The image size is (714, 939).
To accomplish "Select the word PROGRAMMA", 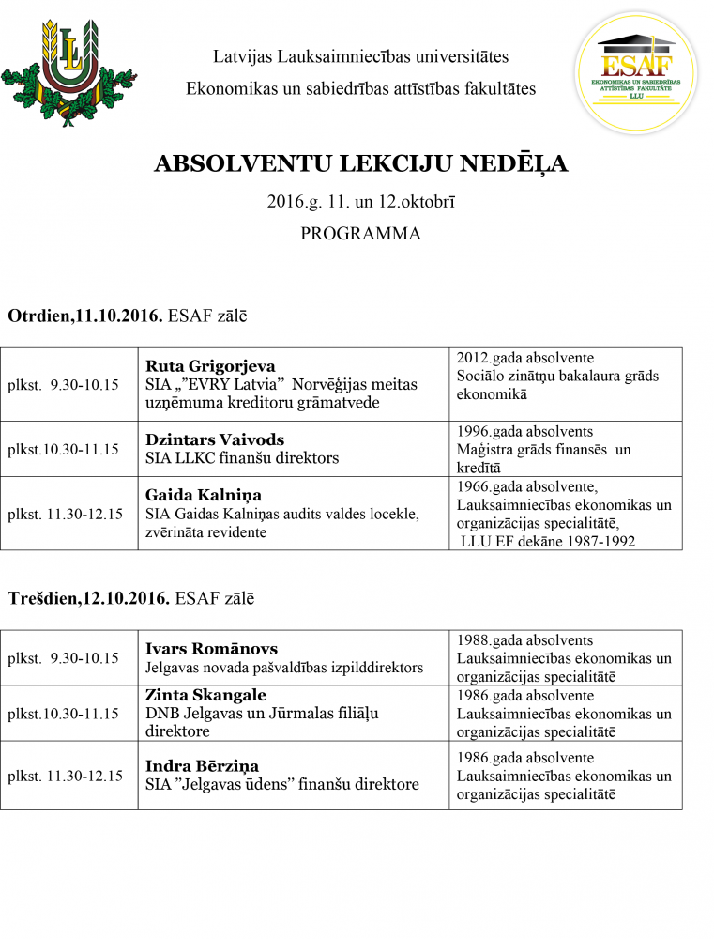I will (x=360, y=234).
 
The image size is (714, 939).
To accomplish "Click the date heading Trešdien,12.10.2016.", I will (x=89, y=598).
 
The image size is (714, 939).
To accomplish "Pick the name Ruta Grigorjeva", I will (x=210, y=366).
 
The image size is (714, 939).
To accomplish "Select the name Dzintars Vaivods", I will (x=215, y=439).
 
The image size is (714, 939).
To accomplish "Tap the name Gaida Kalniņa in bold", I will (x=204, y=495).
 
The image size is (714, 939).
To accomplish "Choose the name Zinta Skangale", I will (x=205, y=695).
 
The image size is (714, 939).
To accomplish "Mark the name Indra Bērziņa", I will (x=202, y=766).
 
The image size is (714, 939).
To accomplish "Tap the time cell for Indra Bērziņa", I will (x=65, y=776).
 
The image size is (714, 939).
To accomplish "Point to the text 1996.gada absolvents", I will (x=524, y=431).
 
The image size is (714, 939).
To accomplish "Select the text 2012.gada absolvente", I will (x=524, y=358).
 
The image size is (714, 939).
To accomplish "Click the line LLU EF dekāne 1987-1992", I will (x=548, y=541).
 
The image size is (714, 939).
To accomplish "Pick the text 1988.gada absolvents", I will (x=524, y=639).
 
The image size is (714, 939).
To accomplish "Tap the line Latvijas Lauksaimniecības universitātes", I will (x=360, y=56).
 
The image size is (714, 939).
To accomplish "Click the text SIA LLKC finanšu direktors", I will (x=241, y=458).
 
